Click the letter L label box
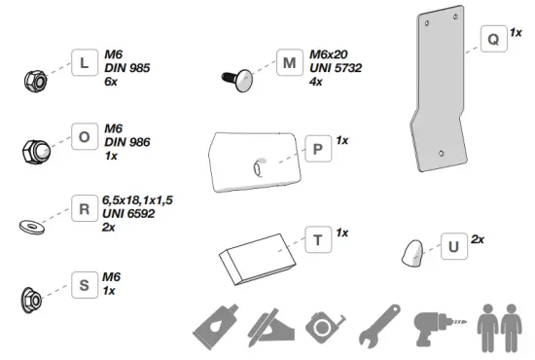pyautogui.click(x=84, y=64)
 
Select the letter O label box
pyautogui.click(x=84, y=138)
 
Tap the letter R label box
pyautogui.click(x=84, y=209)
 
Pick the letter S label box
pyautogui.click(x=84, y=287)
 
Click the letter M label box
pyautogui.click(x=289, y=64)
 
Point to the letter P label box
pyautogui.click(x=317, y=149)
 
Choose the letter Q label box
pyautogui.click(x=493, y=40)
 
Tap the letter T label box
pyautogui.click(x=317, y=240)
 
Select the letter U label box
pyautogui.click(x=452, y=246)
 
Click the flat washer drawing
pyautogui.click(x=30, y=226)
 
